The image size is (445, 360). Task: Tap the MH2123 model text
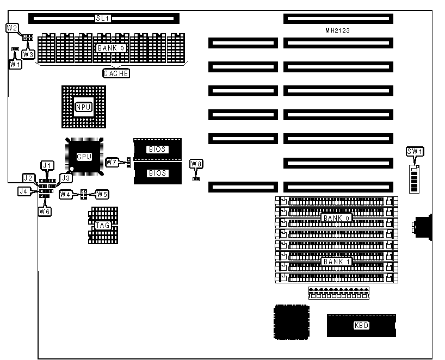click(x=337, y=31)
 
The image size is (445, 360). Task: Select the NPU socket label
click(x=83, y=107)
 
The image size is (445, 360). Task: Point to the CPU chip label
click(x=84, y=157)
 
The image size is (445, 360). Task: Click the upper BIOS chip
click(x=157, y=149)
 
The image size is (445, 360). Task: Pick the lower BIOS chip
click(x=157, y=173)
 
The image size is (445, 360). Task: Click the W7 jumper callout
click(x=112, y=162)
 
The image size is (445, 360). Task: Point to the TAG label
click(x=102, y=226)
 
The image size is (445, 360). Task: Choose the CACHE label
click(x=116, y=73)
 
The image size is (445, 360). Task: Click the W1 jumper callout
click(x=15, y=64)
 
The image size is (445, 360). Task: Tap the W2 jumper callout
click(x=11, y=27)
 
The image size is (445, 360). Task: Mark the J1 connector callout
click(x=47, y=165)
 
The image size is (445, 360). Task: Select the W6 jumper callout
click(x=44, y=211)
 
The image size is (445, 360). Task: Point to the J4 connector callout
click(x=23, y=191)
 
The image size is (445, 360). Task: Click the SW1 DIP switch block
click(x=415, y=180)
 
